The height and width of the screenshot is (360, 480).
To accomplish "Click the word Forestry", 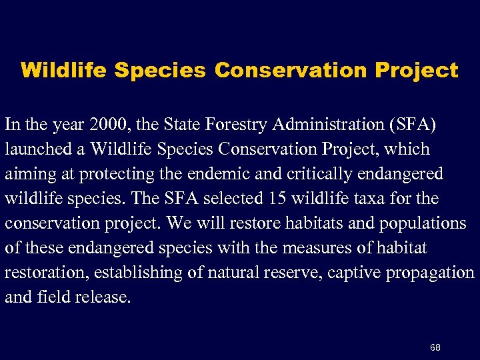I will coord(233,124).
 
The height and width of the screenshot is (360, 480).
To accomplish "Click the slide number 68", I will coord(435,347).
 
